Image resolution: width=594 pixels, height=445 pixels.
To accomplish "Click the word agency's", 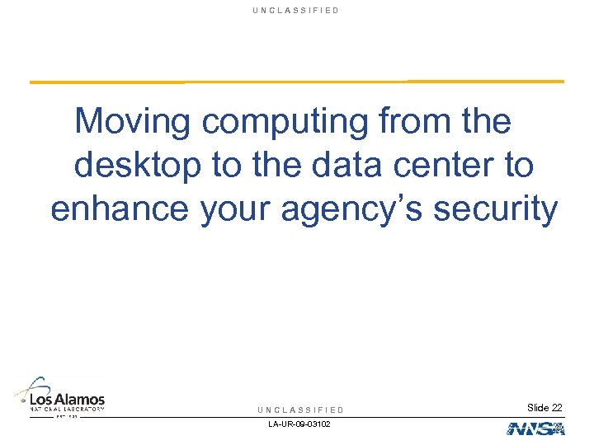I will pos(353,208).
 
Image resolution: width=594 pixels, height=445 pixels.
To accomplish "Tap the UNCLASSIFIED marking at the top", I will pos(298,11).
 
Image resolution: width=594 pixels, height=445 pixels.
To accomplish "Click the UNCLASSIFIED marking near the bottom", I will pos(300,410).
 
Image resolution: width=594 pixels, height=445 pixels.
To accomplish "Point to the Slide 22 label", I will pos(544,408).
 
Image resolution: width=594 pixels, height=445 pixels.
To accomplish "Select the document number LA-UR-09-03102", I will pos(299,425).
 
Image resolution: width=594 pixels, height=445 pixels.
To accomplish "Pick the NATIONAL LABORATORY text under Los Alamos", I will pos(68,409).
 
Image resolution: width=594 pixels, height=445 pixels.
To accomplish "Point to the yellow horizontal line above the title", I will pos(297,82).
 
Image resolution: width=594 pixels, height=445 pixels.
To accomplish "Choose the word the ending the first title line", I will pos(488,122).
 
